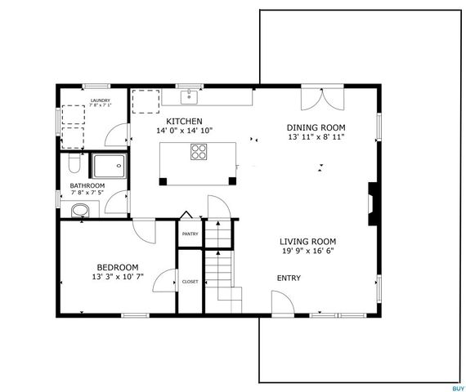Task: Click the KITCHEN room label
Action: [185, 120]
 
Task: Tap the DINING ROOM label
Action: [316, 127]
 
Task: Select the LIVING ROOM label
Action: [307, 241]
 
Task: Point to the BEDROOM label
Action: [118, 267]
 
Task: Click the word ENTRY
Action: [289, 278]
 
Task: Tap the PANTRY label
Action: [190, 231]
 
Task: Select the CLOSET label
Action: [190, 281]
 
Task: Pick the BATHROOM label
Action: [87, 185]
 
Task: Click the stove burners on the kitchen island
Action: [199, 151]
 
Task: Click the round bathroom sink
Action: [80, 212]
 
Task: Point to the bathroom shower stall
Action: [109, 166]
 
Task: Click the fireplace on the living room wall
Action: [373, 200]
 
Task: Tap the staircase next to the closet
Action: [219, 261]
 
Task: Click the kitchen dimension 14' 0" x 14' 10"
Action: [185, 131]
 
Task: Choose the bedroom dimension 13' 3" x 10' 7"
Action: [118, 278]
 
